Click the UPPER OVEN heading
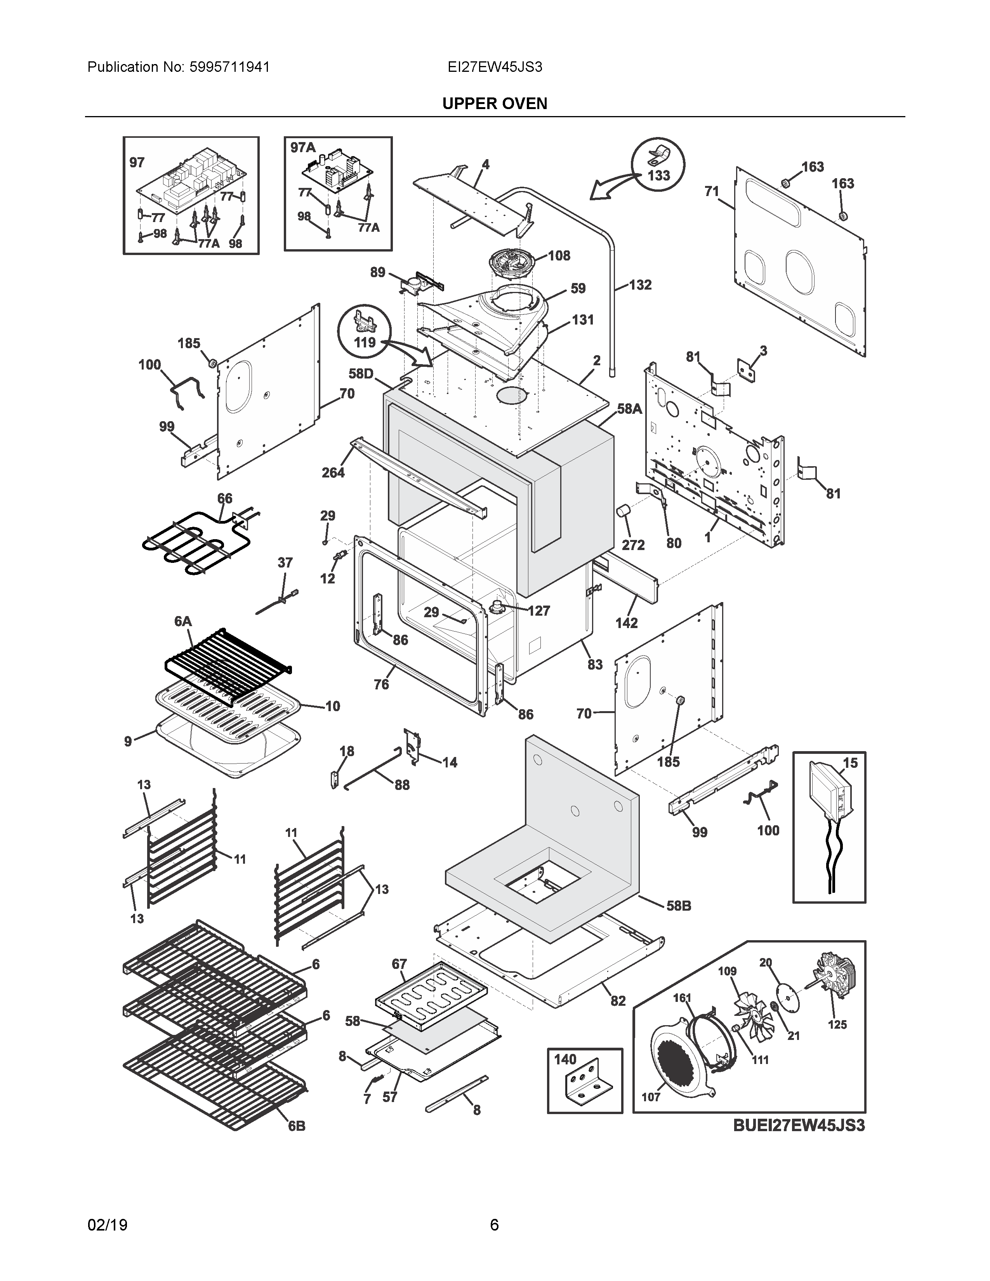[x=494, y=104]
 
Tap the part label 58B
[x=679, y=906]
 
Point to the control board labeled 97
[x=191, y=185]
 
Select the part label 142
[x=626, y=623]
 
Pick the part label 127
[x=538, y=611]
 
